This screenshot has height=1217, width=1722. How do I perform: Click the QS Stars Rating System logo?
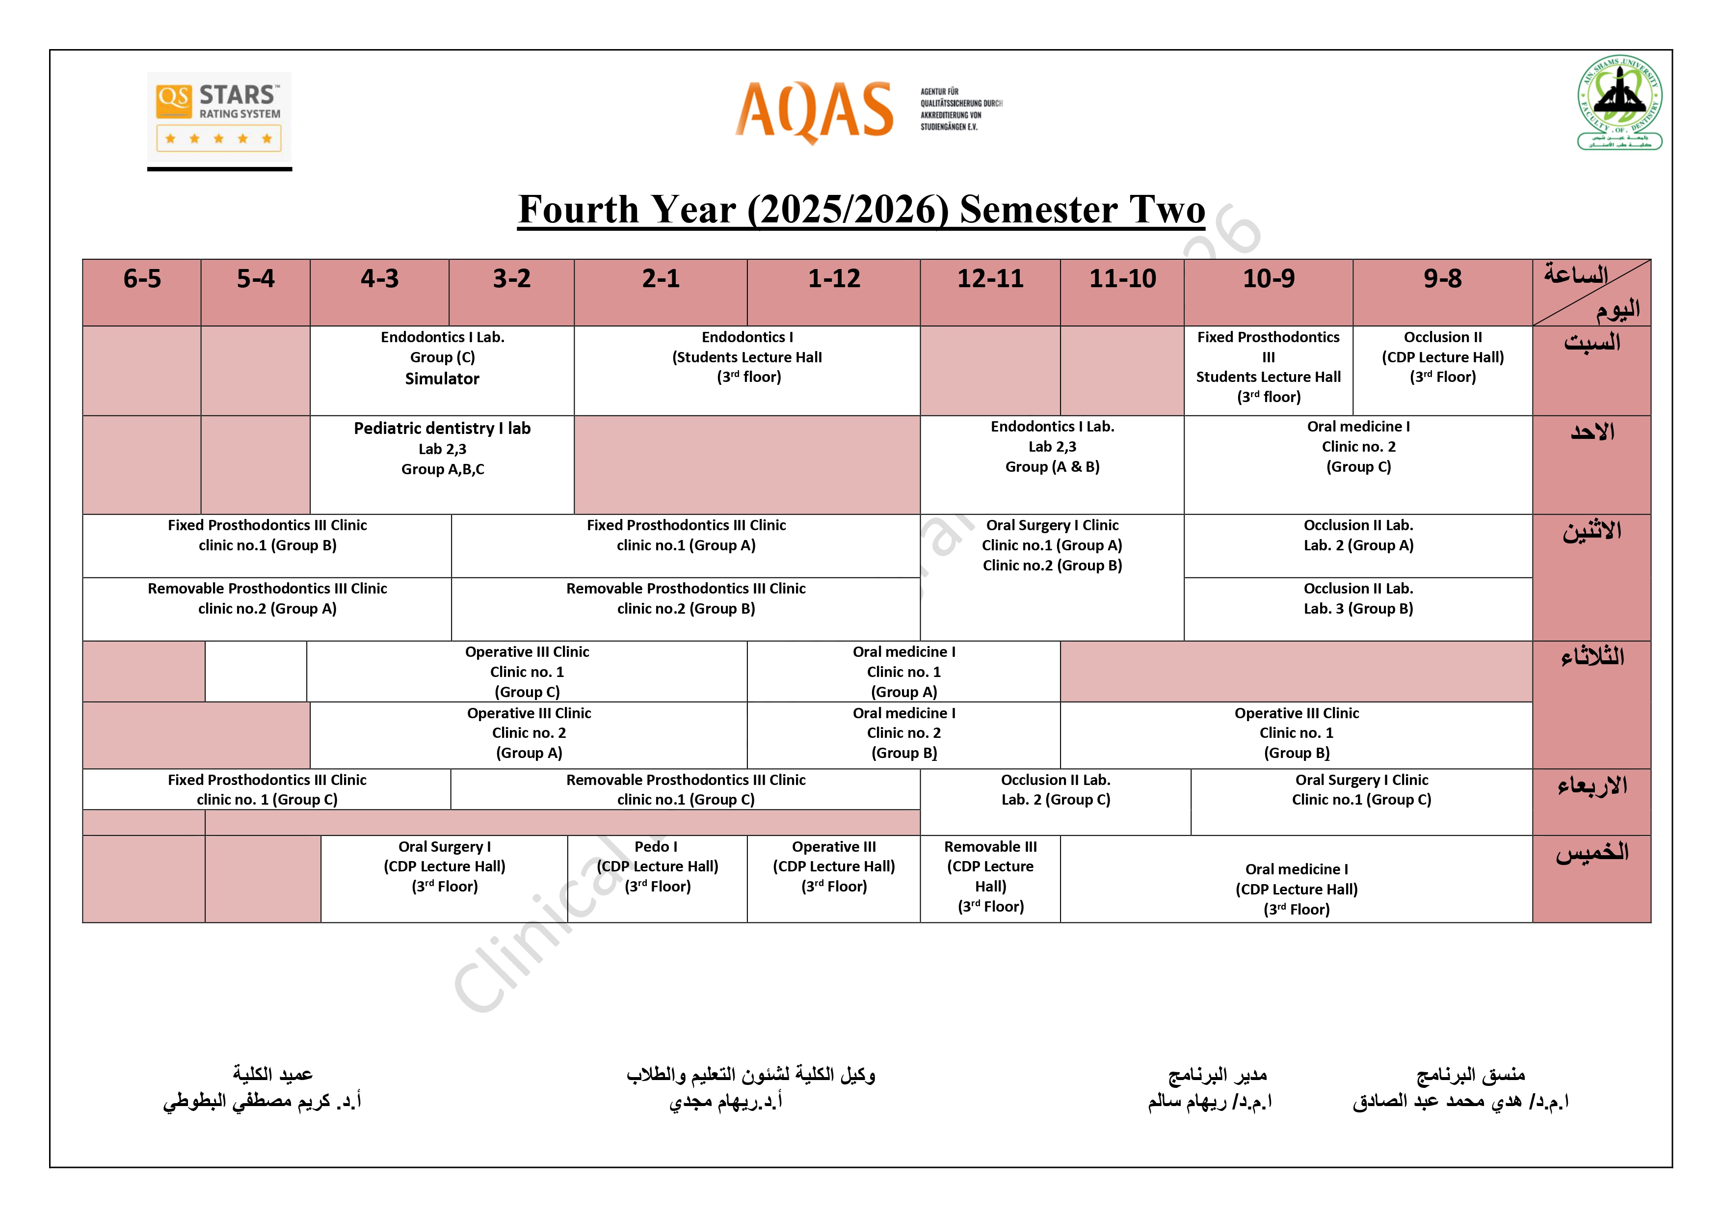[x=219, y=116]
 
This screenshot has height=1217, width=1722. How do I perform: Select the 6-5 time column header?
[x=142, y=279]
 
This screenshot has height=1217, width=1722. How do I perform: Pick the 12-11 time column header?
[x=990, y=279]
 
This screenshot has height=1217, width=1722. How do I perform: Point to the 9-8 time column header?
[x=1442, y=279]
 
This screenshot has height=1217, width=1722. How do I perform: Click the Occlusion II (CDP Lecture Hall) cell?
[x=1442, y=357]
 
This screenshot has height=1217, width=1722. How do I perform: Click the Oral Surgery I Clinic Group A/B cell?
[x=1052, y=545]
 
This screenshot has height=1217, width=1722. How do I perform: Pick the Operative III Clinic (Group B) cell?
[x=1296, y=733]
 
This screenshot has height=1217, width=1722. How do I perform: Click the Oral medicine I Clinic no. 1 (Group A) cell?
[x=904, y=672]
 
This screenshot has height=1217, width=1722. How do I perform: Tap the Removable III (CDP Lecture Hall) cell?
[x=990, y=876]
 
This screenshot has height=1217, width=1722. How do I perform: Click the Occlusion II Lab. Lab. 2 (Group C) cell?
[x=1055, y=790]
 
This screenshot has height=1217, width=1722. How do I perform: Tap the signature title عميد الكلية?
[x=272, y=1075]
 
